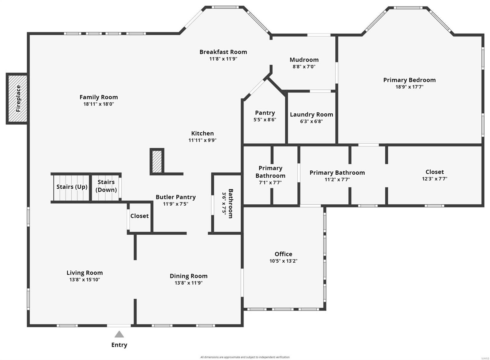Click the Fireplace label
coord(18,99)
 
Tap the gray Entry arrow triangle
coord(119,334)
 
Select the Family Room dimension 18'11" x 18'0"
coord(99,104)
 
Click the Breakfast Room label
coord(223,52)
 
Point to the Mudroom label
coord(304,60)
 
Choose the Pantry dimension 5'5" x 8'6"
coord(265,120)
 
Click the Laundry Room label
coord(311,115)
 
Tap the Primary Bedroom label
coord(409,80)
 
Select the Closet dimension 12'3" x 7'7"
coord(434,179)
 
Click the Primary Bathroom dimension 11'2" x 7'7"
coord(337,180)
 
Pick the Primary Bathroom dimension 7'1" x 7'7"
coord(270,183)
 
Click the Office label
coord(283,254)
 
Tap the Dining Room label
coord(188,276)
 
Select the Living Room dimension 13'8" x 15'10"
coord(85,280)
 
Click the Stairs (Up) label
coord(72,187)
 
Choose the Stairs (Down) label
coord(106,186)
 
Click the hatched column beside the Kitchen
coord(157,161)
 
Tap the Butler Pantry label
coord(175,197)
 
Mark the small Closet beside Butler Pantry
coord(139,216)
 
